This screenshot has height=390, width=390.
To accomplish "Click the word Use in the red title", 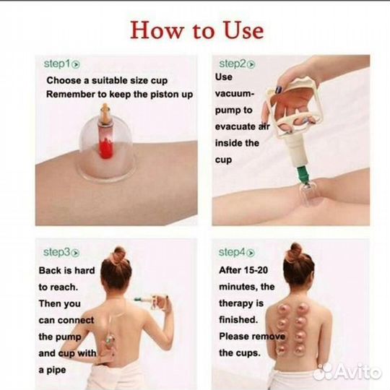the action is pos(244,30).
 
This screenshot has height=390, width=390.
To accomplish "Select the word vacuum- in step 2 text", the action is pos(235,94).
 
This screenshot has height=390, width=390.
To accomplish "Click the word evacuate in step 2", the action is pos(235,126).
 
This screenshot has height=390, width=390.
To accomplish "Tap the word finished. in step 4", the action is pos(238,319).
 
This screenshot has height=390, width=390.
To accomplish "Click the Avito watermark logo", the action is pos(347,372).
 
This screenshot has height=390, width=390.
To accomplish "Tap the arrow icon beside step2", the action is pos(251,65).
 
